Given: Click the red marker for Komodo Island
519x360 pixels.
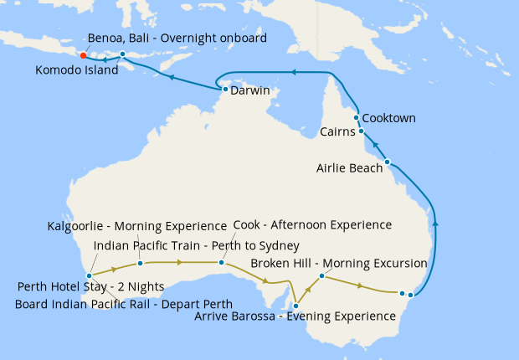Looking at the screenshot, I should click(x=83, y=56).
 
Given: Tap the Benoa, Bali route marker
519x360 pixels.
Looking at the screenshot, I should click(x=122, y=54).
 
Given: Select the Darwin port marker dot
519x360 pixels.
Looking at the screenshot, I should click(x=225, y=90).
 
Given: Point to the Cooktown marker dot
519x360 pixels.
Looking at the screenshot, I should click(x=357, y=118).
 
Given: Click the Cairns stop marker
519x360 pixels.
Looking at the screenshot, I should click(x=361, y=131).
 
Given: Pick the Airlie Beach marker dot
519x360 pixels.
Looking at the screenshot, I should click(x=387, y=162).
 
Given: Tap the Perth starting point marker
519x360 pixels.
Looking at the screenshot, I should click(x=89, y=275).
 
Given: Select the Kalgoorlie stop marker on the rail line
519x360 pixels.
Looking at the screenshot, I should click(x=139, y=263).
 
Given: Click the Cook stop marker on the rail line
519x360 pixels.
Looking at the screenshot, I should click(x=221, y=263).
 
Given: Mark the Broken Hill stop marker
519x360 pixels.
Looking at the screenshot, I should click(x=321, y=275).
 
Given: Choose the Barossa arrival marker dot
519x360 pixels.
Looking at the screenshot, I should click(x=295, y=306).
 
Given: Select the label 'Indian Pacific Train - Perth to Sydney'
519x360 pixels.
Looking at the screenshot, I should click(x=197, y=245).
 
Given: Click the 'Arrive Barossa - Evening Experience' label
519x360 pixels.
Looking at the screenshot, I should click(x=295, y=316).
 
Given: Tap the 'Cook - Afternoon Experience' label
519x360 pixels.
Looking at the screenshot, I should click(x=311, y=225).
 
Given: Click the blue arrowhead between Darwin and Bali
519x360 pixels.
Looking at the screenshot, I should click(x=171, y=77).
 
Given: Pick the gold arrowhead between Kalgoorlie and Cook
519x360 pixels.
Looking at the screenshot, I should click(x=180, y=262).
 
